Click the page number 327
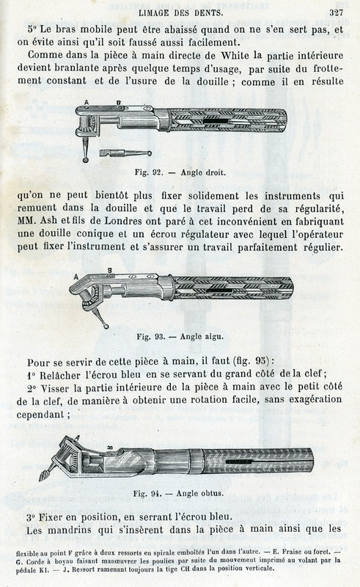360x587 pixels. [x=336, y=12]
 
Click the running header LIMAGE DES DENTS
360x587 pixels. [x=180, y=12]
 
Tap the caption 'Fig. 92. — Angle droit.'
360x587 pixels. [x=180, y=172]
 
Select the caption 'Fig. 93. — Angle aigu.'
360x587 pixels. [x=180, y=336]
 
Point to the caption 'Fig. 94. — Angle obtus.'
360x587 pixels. [x=178, y=493]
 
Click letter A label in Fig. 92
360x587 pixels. [x=87, y=102]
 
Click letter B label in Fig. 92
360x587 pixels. [x=118, y=103]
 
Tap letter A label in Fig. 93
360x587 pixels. [x=76, y=277]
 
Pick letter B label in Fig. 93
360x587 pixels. [x=110, y=270]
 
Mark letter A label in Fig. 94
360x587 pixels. [x=78, y=437]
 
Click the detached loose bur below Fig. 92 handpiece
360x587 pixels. [x=125, y=153]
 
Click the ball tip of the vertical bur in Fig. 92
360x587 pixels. [x=86, y=160]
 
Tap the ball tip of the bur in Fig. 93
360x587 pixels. [x=106, y=327]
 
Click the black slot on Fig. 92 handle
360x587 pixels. [x=216, y=121]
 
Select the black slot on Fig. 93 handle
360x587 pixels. [x=223, y=290]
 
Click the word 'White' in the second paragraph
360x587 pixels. [x=235, y=56]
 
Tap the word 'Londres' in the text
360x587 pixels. [x=122, y=221]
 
